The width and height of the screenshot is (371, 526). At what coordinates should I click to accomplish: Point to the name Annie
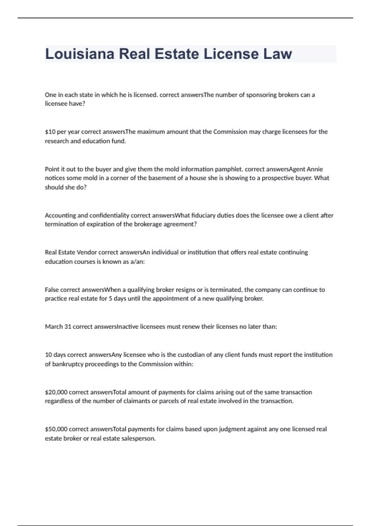pos(315,169)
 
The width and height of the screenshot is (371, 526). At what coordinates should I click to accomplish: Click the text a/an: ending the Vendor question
pos(137,262)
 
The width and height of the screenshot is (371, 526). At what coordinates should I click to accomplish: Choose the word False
pos(52,290)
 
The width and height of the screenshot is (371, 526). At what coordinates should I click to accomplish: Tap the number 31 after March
pos(68,327)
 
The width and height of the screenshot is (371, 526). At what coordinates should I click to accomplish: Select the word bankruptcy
pos(68,364)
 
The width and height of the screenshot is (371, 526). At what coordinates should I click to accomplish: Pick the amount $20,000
pos(56,392)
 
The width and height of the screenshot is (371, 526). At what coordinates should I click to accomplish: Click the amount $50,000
pos(56,429)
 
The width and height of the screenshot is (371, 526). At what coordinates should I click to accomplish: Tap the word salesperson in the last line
pos(138,438)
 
